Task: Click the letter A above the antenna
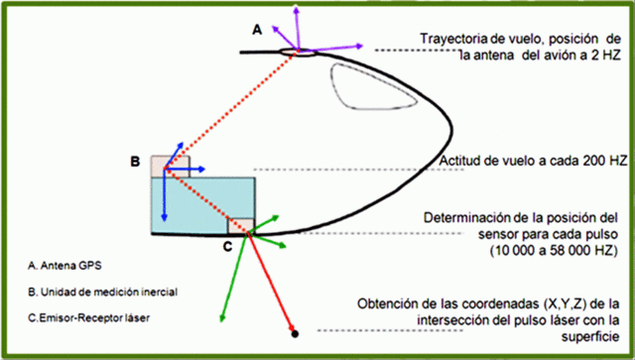tap(256, 31)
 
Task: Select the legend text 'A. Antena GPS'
tap(67, 267)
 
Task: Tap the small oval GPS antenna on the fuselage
tap(296, 52)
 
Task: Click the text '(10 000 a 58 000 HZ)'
tap(552, 252)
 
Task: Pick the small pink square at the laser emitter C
tap(240, 225)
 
